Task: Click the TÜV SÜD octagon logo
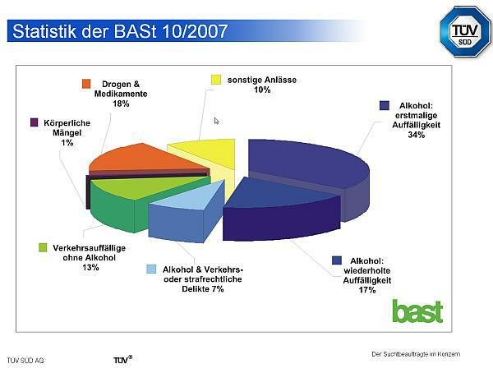pos(466,31)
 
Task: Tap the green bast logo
pos(418,311)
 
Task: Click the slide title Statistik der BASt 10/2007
pos(120,31)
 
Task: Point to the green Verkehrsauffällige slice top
pos(148,186)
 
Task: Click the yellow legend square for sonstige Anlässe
pos(216,80)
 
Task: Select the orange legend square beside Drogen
pos(86,84)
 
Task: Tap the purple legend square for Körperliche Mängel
pos(35,122)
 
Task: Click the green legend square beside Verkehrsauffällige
pos(43,247)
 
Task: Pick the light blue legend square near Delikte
pos(151,269)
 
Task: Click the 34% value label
pos(417,135)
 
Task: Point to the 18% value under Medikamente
pos(121,104)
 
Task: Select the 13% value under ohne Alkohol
pos(90,267)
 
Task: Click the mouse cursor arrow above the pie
pos(216,121)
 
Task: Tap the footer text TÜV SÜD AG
pos(25,361)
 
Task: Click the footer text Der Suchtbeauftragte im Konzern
pos(416,354)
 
